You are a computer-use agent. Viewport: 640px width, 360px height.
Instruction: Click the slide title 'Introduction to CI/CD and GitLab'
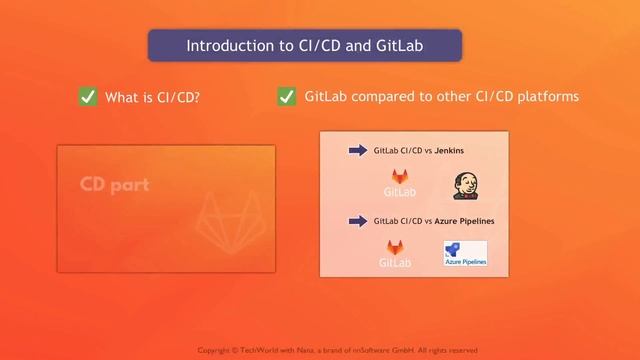click(x=304, y=46)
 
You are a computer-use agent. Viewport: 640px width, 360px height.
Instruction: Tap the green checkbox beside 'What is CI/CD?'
click(x=88, y=97)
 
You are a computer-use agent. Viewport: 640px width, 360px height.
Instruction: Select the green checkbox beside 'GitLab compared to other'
click(x=287, y=96)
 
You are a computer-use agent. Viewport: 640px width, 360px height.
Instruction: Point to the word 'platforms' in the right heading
click(x=545, y=97)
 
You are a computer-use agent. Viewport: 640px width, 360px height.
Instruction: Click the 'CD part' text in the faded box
click(x=114, y=185)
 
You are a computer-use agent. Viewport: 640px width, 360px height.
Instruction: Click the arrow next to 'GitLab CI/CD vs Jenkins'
click(x=357, y=151)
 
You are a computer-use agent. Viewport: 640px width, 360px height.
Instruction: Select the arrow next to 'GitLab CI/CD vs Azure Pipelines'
click(x=357, y=220)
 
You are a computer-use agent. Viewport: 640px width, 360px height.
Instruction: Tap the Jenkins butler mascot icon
click(x=463, y=185)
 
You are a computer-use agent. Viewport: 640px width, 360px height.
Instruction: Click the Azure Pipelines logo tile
click(x=465, y=254)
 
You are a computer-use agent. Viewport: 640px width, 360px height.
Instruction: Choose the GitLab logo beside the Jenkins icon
click(x=400, y=183)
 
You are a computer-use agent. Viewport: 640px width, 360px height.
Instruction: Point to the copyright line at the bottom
click(x=337, y=350)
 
